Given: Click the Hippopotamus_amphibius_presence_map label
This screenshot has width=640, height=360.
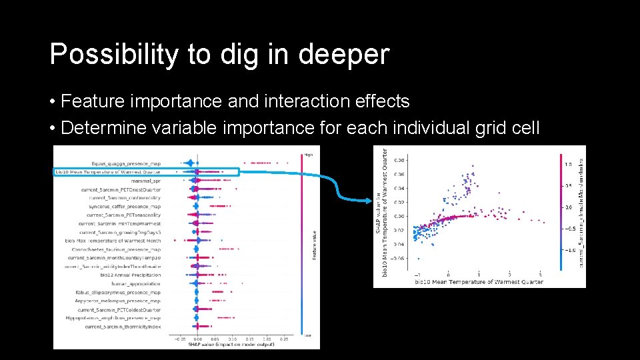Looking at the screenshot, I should pos(118,318).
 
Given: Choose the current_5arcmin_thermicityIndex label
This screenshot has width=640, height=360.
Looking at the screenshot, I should pos(123,327).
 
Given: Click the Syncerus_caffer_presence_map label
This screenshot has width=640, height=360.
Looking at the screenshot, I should pos(124,206).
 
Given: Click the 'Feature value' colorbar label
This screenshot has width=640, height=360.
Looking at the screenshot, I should pos(314,245).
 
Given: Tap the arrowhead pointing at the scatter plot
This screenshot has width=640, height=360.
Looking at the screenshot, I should pos(369,200).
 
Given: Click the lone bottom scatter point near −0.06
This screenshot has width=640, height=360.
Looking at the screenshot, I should pos(418,259).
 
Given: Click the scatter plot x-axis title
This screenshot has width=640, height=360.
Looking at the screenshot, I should pos(479,282).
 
